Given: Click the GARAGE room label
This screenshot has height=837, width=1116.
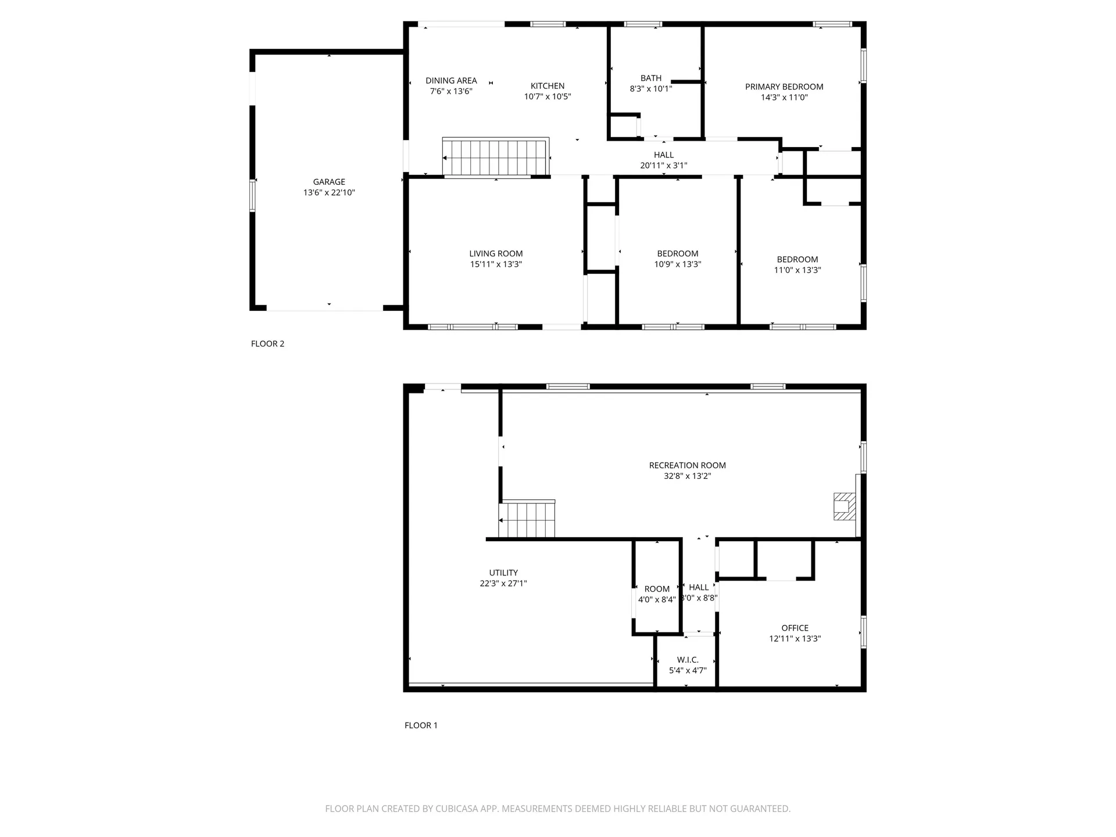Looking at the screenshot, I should pyautogui.click(x=329, y=182).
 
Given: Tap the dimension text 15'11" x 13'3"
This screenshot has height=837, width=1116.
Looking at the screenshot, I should pyautogui.click(x=496, y=264).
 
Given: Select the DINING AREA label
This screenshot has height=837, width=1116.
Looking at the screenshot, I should pyautogui.click(x=451, y=81).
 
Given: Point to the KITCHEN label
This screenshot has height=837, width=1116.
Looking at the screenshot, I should pyautogui.click(x=547, y=86).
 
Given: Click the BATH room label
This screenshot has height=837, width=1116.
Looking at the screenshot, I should pyautogui.click(x=650, y=78).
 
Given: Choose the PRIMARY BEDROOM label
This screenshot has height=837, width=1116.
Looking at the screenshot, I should pyautogui.click(x=784, y=87).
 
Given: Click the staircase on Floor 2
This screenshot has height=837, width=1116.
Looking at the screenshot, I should pyautogui.click(x=495, y=158).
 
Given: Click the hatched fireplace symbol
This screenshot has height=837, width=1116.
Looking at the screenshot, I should pyautogui.click(x=844, y=506).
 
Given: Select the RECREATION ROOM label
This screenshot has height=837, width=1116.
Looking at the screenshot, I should pyautogui.click(x=687, y=466).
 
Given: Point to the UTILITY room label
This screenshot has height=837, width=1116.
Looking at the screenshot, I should pyautogui.click(x=503, y=573).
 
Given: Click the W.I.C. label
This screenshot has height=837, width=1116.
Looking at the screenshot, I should pyautogui.click(x=688, y=660).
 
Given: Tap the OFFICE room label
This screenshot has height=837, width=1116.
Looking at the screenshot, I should pyautogui.click(x=795, y=628).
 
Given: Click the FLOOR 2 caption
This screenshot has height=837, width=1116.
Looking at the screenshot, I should pyautogui.click(x=267, y=344).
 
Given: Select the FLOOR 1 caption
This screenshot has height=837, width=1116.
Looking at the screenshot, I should pyautogui.click(x=421, y=725).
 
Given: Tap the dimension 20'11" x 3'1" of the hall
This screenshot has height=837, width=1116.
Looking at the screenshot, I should pyautogui.click(x=663, y=166).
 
